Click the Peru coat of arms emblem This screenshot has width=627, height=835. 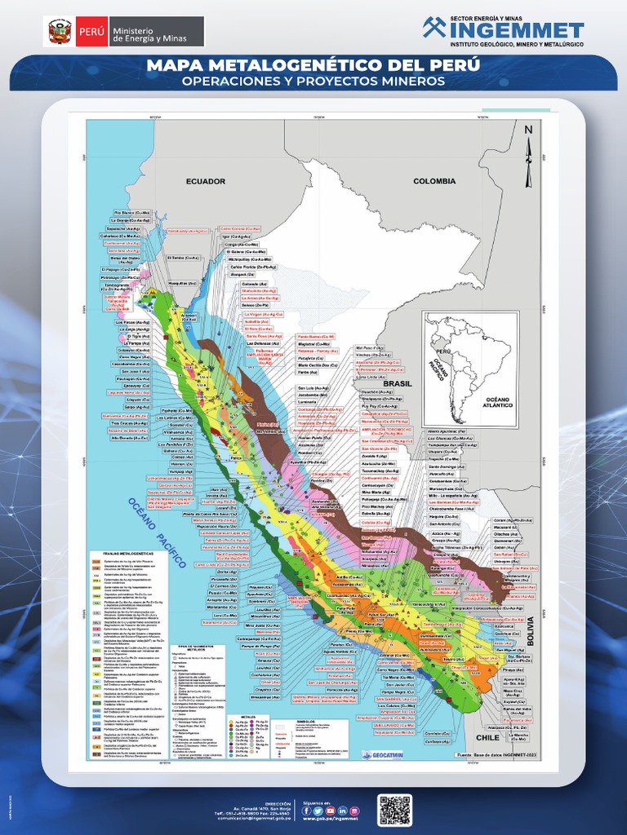click(60, 32)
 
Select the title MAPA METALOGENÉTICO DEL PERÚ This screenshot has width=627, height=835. click(313, 65)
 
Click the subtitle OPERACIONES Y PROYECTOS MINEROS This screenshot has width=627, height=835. click(313, 82)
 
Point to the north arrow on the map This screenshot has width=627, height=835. click(528, 151)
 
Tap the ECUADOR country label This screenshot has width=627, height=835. click(204, 181)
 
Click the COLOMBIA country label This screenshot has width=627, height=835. click(434, 181)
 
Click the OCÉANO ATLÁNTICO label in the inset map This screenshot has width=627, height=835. click(497, 402)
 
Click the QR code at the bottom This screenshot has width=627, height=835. click(394, 810)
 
